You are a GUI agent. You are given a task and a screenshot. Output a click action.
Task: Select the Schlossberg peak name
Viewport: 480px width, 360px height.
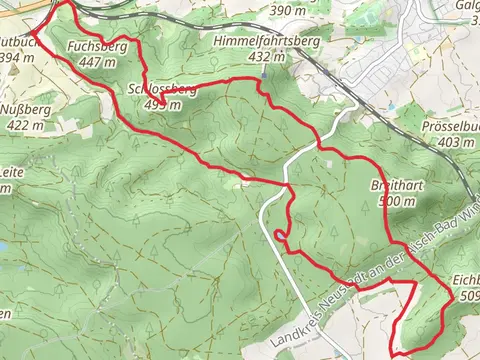[x=162, y=90]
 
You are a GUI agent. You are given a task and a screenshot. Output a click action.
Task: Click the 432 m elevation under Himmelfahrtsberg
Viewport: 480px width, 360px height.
[x=265, y=57]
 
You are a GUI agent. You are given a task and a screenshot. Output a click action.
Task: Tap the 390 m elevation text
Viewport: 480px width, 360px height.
[x=288, y=11]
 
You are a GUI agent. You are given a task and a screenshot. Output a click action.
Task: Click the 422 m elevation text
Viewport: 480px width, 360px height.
[x=24, y=126]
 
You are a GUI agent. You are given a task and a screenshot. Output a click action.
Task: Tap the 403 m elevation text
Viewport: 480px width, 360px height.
[x=455, y=143]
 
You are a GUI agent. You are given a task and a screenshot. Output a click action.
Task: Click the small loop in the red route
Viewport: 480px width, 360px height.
[x=279, y=237]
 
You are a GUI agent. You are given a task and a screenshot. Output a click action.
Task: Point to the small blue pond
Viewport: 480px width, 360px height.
[x=4, y=246]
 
